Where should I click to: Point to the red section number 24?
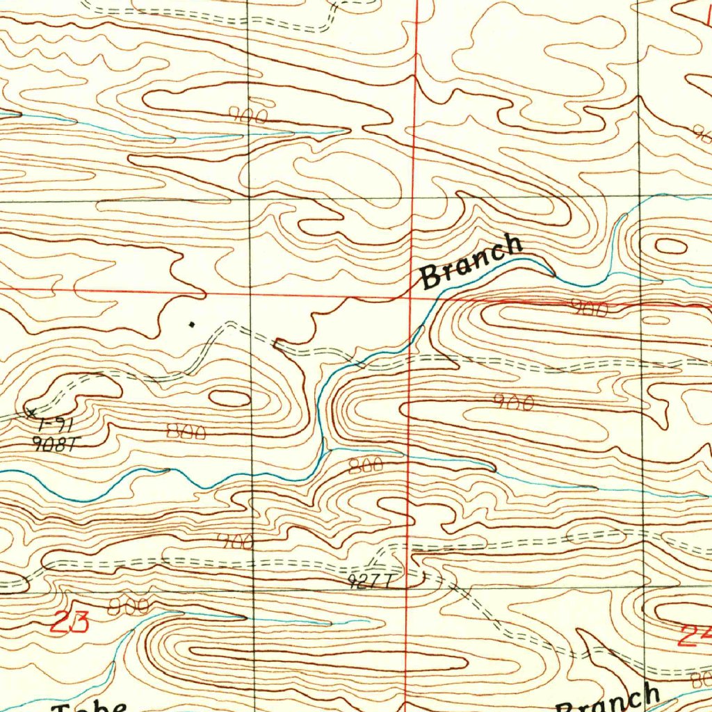[695, 634]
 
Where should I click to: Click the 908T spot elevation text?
[53, 444]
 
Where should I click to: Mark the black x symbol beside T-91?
[31, 412]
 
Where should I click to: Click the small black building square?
[192, 323]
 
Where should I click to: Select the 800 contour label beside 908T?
[186, 432]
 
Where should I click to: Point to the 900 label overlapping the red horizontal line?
[588, 308]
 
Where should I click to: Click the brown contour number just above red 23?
[128, 606]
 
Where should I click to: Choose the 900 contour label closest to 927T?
[234, 542]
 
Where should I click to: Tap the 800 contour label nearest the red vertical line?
[366, 465]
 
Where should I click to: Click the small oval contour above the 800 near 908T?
[230, 398]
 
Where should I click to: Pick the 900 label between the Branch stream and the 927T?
[513, 402]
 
